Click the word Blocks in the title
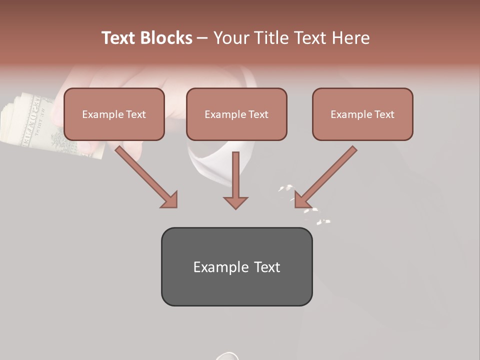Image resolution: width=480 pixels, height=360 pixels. (166, 38)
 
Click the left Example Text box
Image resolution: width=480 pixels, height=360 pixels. (114, 114)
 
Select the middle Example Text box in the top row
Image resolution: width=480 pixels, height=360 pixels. (236, 114)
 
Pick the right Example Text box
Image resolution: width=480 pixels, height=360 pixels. (362, 114)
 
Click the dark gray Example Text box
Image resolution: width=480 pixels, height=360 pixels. (236, 267)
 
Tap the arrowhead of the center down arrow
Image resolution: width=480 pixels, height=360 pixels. (235, 202)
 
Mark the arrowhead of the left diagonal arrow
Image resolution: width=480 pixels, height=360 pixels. (170, 199)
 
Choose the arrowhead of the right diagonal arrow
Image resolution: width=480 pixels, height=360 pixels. (302, 199)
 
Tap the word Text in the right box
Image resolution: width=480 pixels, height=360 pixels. (384, 114)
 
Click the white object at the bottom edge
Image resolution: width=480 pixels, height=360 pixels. (227, 356)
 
